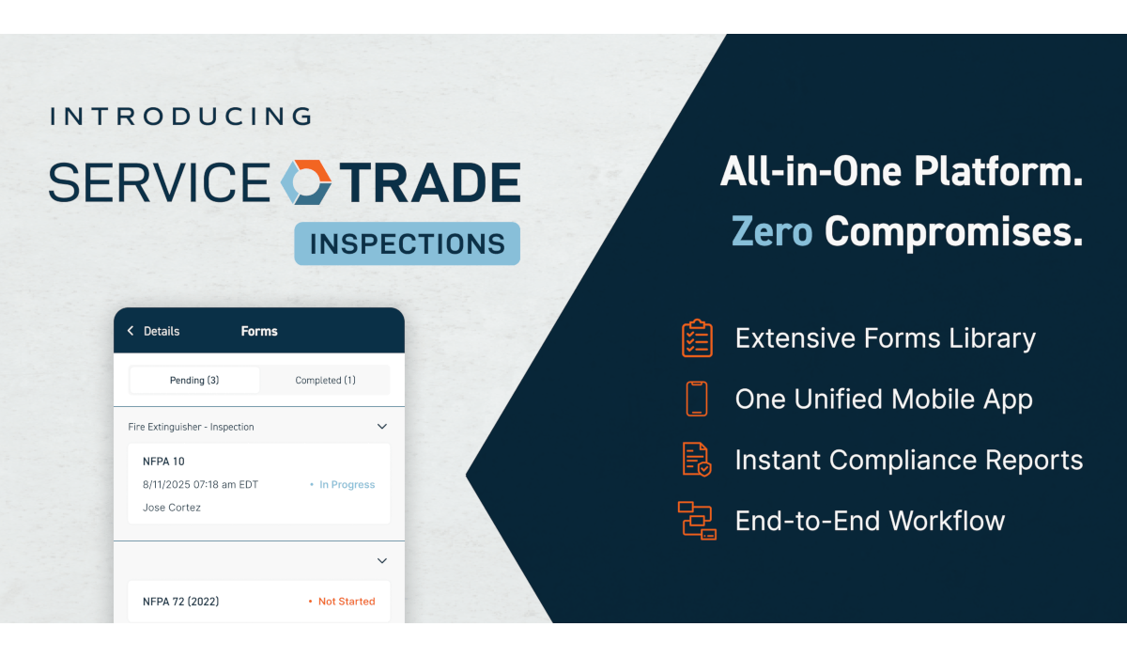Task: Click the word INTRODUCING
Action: pyautogui.click(x=180, y=117)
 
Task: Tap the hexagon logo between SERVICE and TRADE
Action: pyautogui.click(x=305, y=182)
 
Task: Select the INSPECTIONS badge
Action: pyautogui.click(x=407, y=243)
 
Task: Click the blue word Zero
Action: pyautogui.click(x=772, y=231)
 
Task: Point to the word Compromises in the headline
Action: pyautogui.click(x=953, y=232)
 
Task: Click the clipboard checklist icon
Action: pyautogui.click(x=697, y=338)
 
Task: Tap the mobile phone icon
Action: pyautogui.click(x=697, y=399)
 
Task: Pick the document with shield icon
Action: pyautogui.click(x=697, y=459)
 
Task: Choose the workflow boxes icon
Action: pyautogui.click(x=697, y=521)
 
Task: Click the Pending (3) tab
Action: pyautogui.click(x=194, y=380)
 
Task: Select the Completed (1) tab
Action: pyautogui.click(x=325, y=380)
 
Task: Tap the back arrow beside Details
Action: pyautogui.click(x=131, y=331)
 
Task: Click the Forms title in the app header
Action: pyautogui.click(x=259, y=331)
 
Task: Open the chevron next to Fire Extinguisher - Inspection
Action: pyautogui.click(x=382, y=427)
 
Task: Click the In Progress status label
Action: pyautogui.click(x=347, y=485)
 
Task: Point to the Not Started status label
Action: pyautogui.click(x=347, y=602)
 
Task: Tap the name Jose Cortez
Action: pyautogui.click(x=172, y=508)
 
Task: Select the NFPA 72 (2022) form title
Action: pyautogui.click(x=180, y=602)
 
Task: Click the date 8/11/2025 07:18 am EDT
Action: pyautogui.click(x=200, y=485)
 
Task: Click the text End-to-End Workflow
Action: pyautogui.click(x=870, y=521)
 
